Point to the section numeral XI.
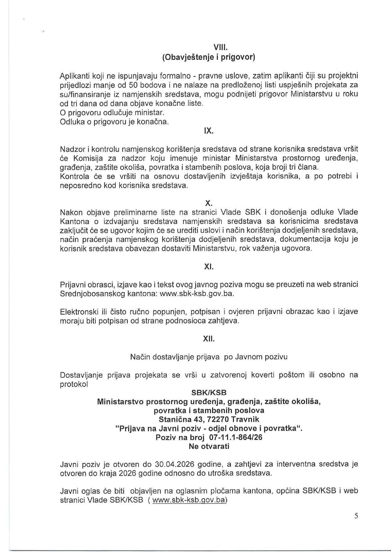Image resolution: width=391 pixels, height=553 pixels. pyautogui.click(x=209, y=267)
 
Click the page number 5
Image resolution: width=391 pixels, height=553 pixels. pyautogui.click(x=356, y=516)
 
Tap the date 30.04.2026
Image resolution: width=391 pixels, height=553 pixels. pyautogui.click(x=174, y=464)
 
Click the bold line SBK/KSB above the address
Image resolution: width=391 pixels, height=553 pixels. pyautogui.click(x=209, y=393)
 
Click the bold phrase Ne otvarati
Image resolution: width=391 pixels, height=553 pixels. pyautogui.click(x=209, y=446)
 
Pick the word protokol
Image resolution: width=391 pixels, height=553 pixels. pyautogui.click(x=74, y=384)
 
